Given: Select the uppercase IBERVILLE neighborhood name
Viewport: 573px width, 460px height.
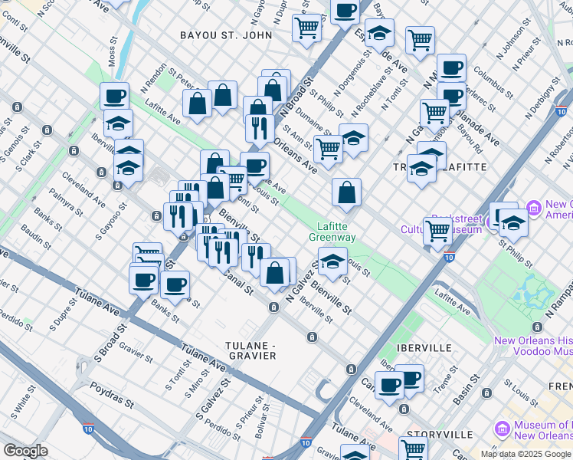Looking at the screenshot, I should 424,347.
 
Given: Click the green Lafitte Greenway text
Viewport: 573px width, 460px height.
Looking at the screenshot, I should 332,232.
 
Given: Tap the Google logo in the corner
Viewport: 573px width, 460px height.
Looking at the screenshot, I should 25,451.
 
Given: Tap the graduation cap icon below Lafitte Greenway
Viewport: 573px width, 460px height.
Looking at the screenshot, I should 332,261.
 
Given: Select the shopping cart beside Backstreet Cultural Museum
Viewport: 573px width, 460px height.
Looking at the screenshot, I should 438,229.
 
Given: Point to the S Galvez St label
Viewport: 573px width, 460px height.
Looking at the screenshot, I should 212,399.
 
